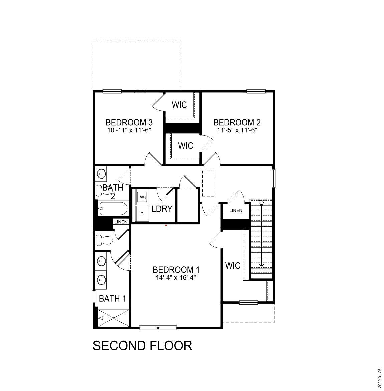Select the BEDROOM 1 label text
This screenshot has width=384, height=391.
(x=176, y=269)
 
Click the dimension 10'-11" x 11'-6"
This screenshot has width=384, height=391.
(x=129, y=130)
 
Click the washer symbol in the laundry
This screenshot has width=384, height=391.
(x=142, y=197)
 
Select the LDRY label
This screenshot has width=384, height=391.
(x=162, y=209)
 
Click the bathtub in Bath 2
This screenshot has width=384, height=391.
(x=113, y=209)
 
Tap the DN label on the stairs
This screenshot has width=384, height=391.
(x=261, y=202)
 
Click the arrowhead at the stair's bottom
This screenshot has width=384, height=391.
(x=261, y=265)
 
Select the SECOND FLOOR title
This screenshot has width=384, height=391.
(x=142, y=346)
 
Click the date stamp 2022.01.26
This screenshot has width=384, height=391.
(x=380, y=378)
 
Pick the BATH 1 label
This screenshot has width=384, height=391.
(x=112, y=299)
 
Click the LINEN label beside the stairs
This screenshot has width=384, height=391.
(x=236, y=210)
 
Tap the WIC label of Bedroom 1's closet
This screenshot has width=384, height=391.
(x=233, y=266)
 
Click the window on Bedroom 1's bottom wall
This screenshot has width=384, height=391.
(x=158, y=328)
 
